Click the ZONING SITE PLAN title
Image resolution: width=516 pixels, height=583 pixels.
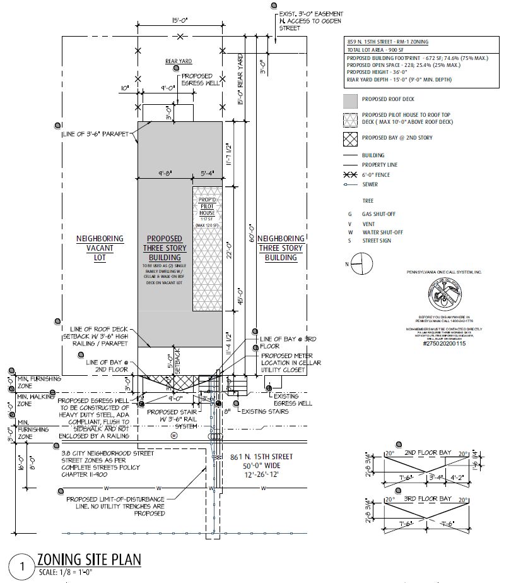click(88, 560)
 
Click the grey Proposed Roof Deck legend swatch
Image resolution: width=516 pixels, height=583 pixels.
click(350, 100)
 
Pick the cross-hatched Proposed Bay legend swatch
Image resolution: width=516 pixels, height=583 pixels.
click(350, 138)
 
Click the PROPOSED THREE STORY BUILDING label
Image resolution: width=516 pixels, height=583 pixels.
click(165, 248)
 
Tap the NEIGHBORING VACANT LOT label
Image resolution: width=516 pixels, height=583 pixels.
click(100, 248)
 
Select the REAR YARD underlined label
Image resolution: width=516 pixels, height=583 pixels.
click(179, 61)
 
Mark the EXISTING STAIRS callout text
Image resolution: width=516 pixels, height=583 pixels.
click(264, 412)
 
